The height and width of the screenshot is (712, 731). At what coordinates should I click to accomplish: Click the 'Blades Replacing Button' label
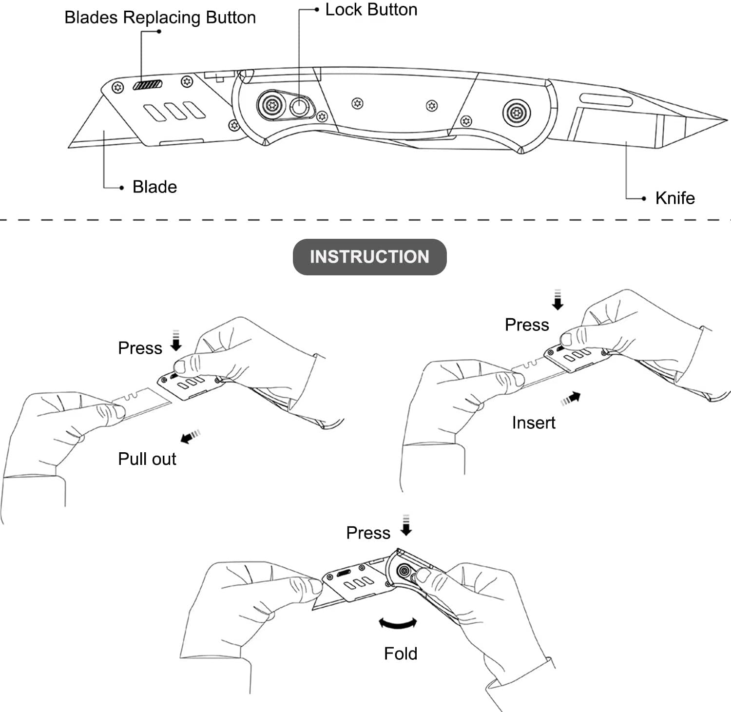tap(160, 18)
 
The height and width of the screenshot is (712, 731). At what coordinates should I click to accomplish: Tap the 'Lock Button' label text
tap(371, 10)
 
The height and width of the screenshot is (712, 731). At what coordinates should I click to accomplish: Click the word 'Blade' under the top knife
tap(154, 187)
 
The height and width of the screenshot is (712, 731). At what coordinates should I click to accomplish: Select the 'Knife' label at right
tap(674, 198)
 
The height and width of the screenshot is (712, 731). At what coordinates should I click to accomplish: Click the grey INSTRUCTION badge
tap(369, 257)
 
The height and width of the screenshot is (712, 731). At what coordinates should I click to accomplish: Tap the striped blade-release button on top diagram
tap(147, 85)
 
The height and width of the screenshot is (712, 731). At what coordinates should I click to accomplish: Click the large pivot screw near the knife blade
tap(516, 113)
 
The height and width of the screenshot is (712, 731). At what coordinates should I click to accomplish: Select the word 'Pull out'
tap(147, 459)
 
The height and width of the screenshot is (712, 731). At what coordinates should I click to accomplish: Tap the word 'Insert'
tap(533, 423)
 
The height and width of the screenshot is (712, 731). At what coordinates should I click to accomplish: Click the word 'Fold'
tap(400, 654)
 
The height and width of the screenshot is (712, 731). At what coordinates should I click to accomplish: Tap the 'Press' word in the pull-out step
tap(140, 348)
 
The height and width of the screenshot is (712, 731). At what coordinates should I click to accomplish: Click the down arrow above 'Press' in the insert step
tap(558, 300)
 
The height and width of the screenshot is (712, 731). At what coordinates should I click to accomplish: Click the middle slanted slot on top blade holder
tap(174, 111)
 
